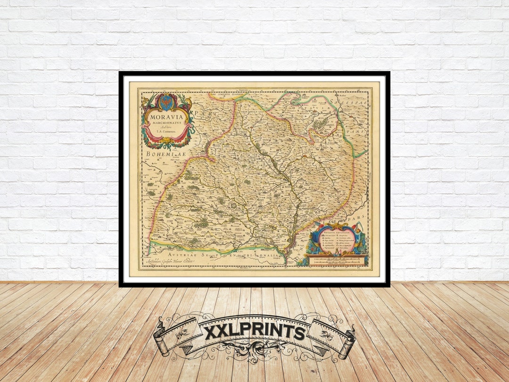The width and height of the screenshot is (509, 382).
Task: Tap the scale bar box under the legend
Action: tap(336, 260)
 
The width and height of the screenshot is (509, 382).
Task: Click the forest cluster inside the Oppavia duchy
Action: tap(322, 124)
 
